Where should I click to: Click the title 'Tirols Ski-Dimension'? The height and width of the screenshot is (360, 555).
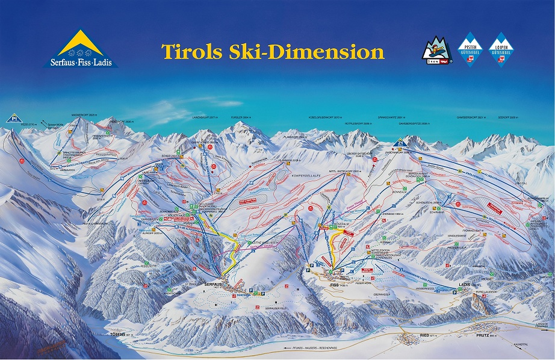[272, 52]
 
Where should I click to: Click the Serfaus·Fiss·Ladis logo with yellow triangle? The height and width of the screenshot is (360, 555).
[81, 49]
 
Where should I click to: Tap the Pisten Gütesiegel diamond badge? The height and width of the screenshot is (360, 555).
[471, 49]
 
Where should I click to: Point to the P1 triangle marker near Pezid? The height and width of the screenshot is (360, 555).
[12, 118]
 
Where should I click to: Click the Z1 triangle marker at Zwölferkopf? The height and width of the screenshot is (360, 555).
[400, 143]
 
